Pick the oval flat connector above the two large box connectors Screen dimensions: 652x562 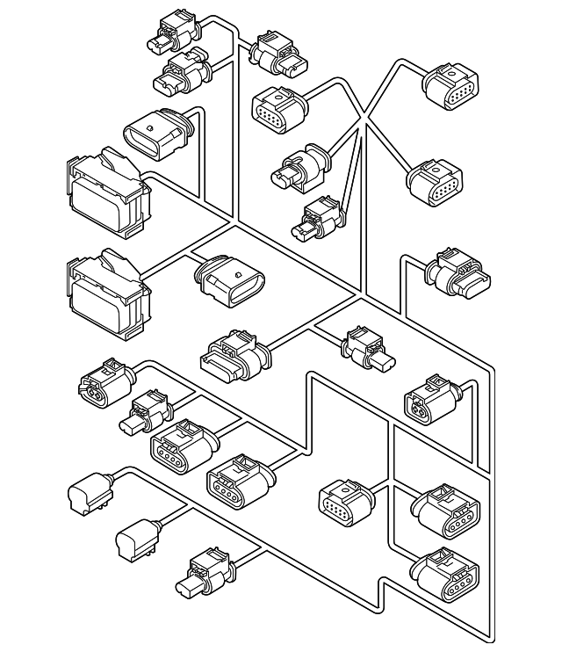click(155, 137)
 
